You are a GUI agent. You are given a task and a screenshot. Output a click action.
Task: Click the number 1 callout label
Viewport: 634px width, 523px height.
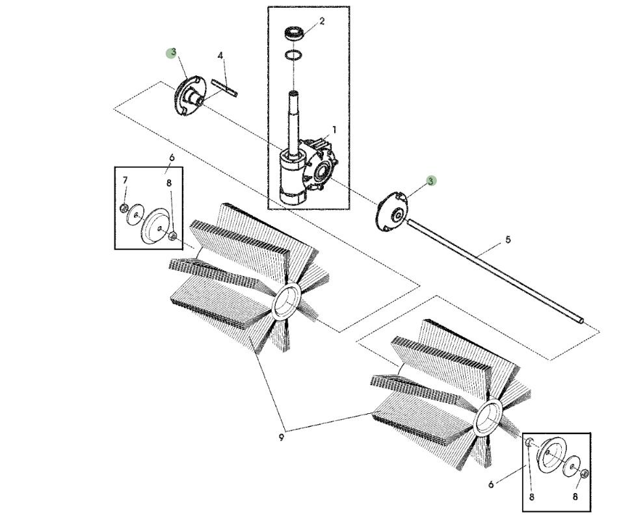click(334, 130)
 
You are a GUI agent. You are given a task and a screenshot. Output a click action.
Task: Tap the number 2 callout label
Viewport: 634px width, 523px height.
click(322, 21)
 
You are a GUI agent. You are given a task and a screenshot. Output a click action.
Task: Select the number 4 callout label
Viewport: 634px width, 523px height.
click(220, 56)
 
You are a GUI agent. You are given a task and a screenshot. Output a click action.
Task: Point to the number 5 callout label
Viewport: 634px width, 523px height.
click(508, 240)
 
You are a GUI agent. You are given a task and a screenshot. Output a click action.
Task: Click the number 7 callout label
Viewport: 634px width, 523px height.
click(125, 180)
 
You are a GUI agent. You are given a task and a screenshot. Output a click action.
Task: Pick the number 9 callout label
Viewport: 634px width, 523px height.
click(281, 437)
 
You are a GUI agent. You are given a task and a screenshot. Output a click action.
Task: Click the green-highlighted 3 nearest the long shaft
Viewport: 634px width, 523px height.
click(431, 181)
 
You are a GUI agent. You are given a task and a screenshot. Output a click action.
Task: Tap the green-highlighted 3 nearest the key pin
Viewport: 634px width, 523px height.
click(172, 53)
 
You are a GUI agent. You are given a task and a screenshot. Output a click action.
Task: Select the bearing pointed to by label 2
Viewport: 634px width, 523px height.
click(296, 33)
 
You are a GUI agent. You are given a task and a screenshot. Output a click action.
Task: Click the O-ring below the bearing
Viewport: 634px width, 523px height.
click(295, 55)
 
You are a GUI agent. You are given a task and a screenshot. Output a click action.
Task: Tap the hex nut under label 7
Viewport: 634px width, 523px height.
click(124, 208)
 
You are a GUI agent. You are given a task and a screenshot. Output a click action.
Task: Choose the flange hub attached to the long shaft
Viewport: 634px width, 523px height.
click(392, 210)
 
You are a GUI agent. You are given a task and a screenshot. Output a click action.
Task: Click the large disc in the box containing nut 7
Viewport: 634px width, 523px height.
click(157, 227)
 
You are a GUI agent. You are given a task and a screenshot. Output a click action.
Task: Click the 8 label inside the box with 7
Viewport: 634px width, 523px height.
click(168, 183)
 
